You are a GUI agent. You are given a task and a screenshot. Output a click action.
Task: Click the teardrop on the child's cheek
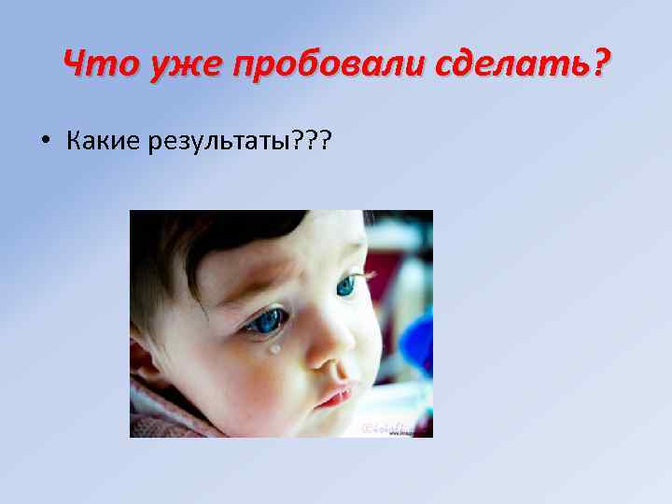[274, 349]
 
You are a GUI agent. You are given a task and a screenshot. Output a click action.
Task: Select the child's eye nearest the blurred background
[347, 285]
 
